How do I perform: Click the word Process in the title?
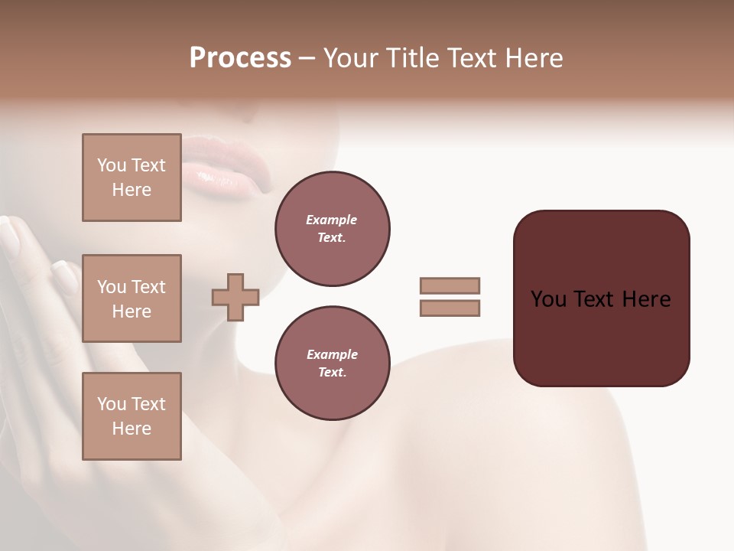click(x=240, y=58)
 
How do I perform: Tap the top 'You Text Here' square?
click(x=132, y=178)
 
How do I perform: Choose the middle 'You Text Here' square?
click(x=132, y=298)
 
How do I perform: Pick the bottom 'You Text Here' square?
click(x=132, y=416)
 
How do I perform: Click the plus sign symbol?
click(x=235, y=298)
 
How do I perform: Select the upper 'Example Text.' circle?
click(x=332, y=229)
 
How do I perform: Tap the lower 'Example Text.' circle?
click(x=332, y=364)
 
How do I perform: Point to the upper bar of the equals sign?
click(x=450, y=285)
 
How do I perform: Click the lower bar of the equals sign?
click(x=450, y=308)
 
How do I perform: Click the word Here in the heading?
click(x=533, y=58)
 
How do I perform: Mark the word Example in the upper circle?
click(x=332, y=220)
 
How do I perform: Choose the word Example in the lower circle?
click(x=332, y=354)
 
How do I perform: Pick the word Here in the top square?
click(x=132, y=190)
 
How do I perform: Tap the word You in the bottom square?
click(x=111, y=404)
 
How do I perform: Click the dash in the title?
click(x=307, y=58)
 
